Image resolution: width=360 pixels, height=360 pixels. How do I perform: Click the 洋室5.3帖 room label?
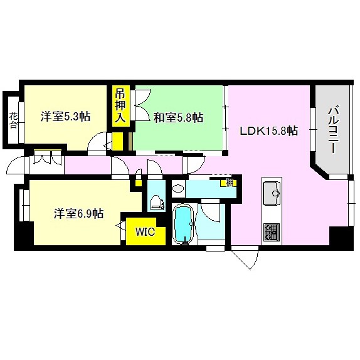click(65, 117)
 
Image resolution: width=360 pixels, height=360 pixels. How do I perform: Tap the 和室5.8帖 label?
click(178, 118)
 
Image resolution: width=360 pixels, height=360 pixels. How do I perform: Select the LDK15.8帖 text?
click(269, 131)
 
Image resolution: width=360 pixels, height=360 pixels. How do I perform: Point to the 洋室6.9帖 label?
click(79, 213)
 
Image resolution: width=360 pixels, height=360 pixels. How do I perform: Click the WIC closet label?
click(145, 232)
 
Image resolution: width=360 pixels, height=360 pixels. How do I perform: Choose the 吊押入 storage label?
click(120, 106)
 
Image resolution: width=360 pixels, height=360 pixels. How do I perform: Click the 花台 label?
click(13, 120)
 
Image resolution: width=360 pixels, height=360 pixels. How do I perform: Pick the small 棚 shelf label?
click(230, 183)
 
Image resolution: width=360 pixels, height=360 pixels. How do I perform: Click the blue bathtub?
click(184, 224)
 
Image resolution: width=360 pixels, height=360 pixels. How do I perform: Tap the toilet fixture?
click(157, 203)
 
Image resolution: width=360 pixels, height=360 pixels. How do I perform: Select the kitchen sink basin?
click(272, 193)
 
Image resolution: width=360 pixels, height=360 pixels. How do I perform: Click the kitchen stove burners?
click(272, 231)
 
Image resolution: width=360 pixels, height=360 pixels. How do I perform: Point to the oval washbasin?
click(178, 189)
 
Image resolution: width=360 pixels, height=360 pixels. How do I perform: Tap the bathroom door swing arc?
click(210, 213)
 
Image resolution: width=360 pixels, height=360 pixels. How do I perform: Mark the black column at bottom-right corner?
click(341, 238)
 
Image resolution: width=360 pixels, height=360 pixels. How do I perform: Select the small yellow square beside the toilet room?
click(138, 183)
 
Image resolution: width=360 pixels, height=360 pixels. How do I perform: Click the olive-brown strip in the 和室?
click(130, 141)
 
